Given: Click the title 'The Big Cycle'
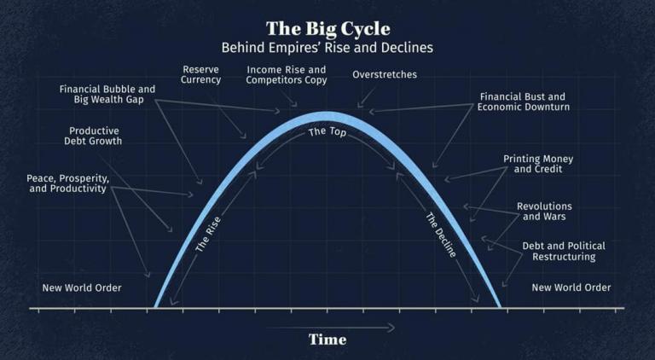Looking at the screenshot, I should (x=327, y=29).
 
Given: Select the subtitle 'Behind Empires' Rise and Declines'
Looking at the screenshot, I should (x=327, y=48).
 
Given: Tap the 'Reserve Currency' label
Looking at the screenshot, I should (x=201, y=74).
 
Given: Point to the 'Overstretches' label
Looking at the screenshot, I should (x=385, y=75).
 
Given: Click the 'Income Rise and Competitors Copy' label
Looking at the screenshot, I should (x=287, y=75).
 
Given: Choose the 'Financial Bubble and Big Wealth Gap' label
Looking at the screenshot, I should (x=107, y=94).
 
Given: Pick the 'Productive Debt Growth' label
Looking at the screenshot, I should (x=96, y=136).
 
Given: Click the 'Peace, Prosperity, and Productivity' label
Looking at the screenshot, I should (x=67, y=183).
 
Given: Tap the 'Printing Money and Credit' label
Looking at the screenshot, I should (x=538, y=165).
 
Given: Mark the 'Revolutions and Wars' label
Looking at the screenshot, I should (x=544, y=212).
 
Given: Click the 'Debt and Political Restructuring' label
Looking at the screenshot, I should (x=559, y=251).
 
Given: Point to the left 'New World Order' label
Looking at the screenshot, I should (x=82, y=287).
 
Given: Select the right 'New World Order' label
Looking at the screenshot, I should (x=571, y=287).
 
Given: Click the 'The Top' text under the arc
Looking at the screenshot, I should (x=327, y=133).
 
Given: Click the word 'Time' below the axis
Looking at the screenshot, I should (x=327, y=340).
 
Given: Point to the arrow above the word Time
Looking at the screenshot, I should (x=331, y=327).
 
